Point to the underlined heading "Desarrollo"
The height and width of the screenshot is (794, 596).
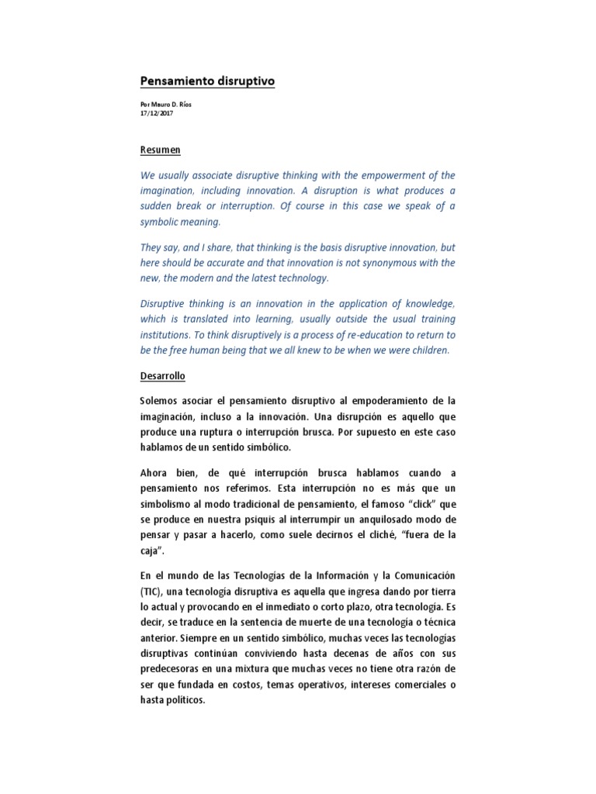coord(163,376)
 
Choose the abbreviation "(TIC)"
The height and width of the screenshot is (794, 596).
coord(152,591)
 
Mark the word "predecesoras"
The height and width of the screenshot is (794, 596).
coord(173,670)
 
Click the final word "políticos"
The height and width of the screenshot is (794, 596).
coord(183,699)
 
